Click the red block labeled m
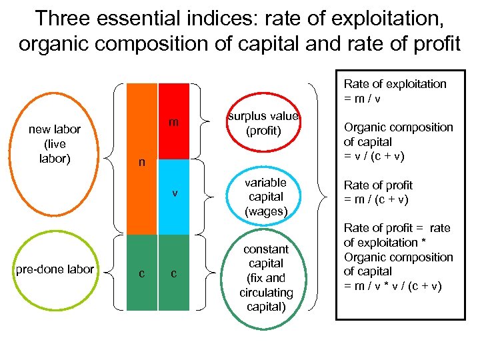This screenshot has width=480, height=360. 174,121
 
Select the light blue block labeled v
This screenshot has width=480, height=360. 174,196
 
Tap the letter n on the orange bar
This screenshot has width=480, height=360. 141,162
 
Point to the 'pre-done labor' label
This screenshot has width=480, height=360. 55,269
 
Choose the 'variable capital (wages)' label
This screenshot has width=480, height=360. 266,197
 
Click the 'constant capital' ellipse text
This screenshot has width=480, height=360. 266,278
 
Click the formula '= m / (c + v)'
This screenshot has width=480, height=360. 376,199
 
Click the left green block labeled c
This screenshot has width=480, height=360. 141,273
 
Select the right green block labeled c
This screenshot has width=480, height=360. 174,273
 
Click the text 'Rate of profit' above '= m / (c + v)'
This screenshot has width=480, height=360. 378,185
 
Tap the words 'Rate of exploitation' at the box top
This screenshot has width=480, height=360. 395,84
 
